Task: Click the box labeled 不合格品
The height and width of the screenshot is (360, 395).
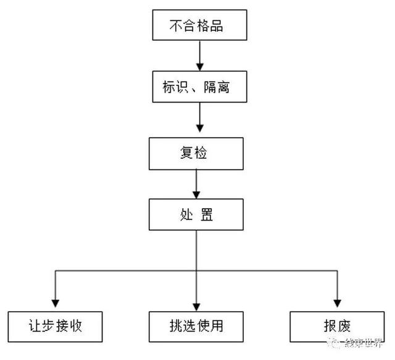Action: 200,25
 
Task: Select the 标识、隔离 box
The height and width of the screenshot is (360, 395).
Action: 200,86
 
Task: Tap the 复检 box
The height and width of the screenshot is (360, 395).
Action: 196,154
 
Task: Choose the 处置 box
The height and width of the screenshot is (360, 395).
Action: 196,214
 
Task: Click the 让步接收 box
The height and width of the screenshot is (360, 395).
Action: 55,327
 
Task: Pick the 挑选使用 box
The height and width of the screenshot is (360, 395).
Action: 196,327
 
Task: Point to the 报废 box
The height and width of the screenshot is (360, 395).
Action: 338,327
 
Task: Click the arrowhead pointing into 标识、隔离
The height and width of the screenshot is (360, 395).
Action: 200,67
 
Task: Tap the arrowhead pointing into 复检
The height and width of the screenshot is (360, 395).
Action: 200,128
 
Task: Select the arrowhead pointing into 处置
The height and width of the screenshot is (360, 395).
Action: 196,195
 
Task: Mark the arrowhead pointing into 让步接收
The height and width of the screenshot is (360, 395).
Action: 56,304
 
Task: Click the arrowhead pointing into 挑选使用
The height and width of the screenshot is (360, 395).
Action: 196,307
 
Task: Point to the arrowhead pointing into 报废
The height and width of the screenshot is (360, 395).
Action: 338,304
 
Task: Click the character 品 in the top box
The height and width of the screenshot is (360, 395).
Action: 217,26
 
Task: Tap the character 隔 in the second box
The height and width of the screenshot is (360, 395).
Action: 210,87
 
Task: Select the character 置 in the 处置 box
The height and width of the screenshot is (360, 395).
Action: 207,215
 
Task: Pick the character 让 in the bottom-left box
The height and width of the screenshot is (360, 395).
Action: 35,326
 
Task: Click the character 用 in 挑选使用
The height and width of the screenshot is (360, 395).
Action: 217,326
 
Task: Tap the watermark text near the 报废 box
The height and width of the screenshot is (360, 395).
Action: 355,343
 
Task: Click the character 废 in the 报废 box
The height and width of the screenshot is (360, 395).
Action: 344,326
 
